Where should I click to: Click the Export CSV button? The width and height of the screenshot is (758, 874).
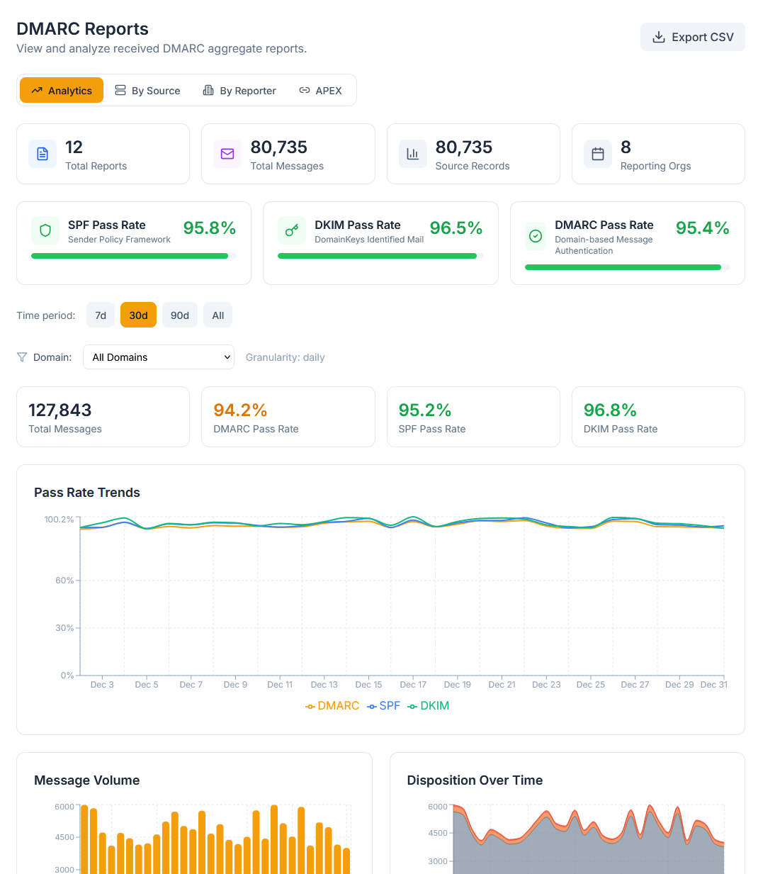692,37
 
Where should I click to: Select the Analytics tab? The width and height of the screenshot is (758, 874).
62,91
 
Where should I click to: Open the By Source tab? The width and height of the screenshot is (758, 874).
147,91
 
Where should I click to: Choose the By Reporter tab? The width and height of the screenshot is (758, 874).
239,91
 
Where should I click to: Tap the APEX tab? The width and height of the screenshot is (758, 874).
320,91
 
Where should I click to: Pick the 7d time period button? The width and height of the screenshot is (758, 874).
101,315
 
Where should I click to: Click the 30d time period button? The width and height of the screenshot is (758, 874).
138,315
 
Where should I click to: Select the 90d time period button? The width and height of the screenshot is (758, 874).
180,315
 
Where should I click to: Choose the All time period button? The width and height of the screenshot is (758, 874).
217,315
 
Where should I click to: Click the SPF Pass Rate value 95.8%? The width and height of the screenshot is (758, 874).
209,228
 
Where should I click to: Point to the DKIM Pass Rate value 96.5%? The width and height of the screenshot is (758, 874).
456,228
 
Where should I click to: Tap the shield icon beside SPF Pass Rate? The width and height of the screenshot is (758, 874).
45,230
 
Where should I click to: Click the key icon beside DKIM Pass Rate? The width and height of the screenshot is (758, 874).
292,230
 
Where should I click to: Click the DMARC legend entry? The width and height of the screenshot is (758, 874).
332,706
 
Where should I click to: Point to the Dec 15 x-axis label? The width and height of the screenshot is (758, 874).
368,685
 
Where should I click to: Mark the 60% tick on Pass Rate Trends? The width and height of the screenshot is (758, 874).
64,581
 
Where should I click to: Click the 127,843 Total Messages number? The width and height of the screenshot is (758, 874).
60,410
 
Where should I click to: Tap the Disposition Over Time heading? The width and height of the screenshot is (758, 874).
475,780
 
